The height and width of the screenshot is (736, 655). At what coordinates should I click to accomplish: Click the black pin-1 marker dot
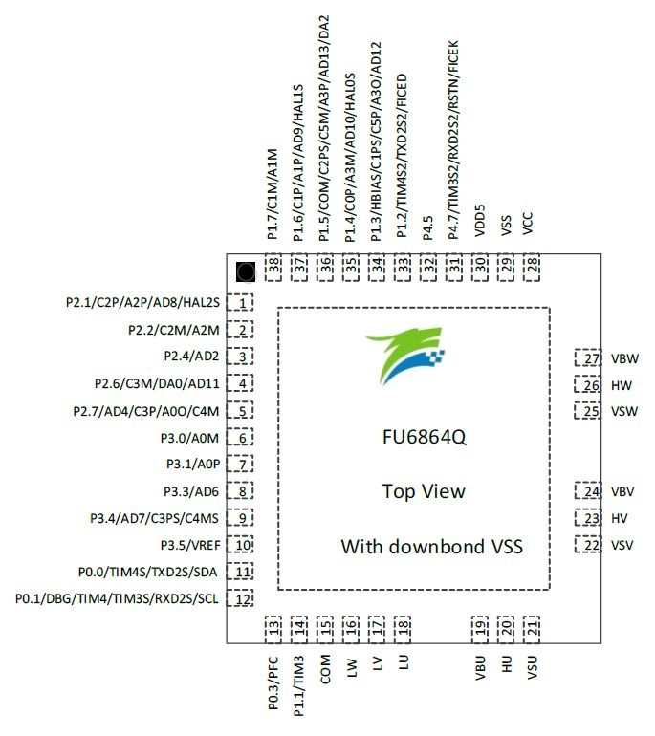pyautogui.click(x=246, y=271)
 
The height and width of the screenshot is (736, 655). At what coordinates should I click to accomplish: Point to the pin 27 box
pyautogui.click(x=588, y=359)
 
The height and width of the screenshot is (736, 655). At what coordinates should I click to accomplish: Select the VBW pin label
pyautogui.click(x=623, y=359)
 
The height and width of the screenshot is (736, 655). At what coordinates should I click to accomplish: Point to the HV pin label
pyautogui.click(x=619, y=519)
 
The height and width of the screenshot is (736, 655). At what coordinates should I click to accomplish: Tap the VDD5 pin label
pyautogui.click(x=480, y=219)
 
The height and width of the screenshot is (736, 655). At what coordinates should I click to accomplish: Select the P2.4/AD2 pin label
pyautogui.click(x=192, y=357)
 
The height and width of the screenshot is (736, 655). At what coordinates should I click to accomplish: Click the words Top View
pyautogui.click(x=424, y=492)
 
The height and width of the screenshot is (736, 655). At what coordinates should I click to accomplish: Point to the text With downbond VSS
pyautogui.click(x=431, y=547)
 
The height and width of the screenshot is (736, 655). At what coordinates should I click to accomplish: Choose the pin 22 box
pyautogui.click(x=588, y=545)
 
